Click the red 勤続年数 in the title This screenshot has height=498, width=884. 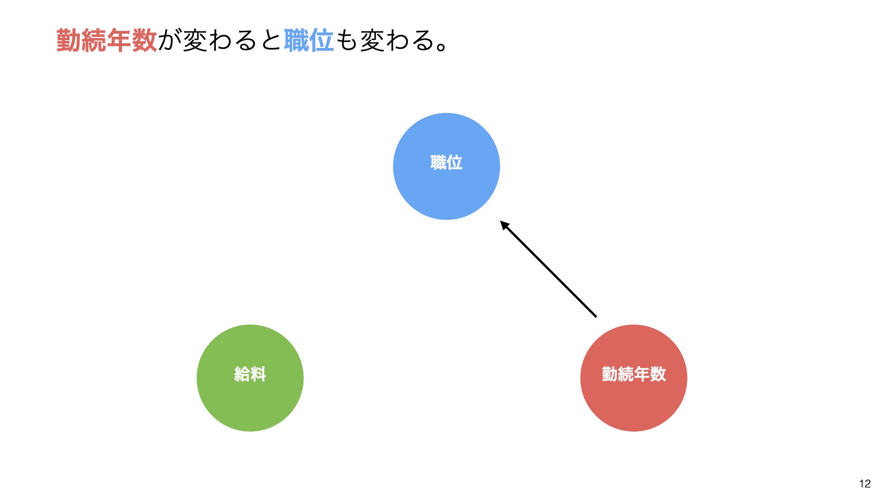pyautogui.click(x=107, y=41)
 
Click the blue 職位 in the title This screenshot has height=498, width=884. pyautogui.click(x=308, y=41)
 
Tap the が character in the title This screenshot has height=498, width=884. pyautogui.click(x=170, y=41)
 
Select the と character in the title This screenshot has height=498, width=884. pyautogui.click(x=271, y=41)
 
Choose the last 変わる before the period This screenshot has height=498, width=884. pyautogui.click(x=397, y=41)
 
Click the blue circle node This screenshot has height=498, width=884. pyautogui.click(x=447, y=166)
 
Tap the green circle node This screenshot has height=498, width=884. pyautogui.click(x=250, y=378)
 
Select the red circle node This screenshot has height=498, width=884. pyautogui.click(x=634, y=378)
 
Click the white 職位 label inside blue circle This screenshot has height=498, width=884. pyautogui.click(x=447, y=162)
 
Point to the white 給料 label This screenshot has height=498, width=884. pyautogui.click(x=250, y=374)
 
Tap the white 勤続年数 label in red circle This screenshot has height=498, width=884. pyautogui.click(x=634, y=374)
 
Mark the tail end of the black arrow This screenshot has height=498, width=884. pyautogui.click(x=596, y=317)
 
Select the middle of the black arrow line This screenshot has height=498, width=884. pyautogui.click(x=548, y=269)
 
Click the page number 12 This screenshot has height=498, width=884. pyautogui.click(x=865, y=483)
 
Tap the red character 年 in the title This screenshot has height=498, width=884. pyautogui.click(x=119, y=41)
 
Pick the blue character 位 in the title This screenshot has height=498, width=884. pyautogui.click(x=321, y=41)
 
